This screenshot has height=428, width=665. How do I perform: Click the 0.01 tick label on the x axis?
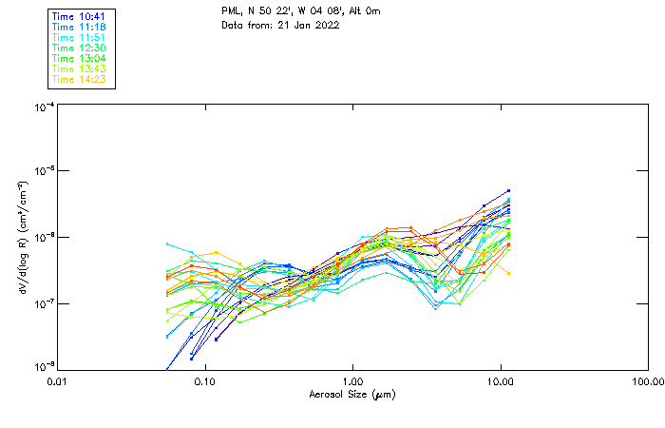(x=57, y=380)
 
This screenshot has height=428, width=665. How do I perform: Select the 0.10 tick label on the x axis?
(x=204, y=380)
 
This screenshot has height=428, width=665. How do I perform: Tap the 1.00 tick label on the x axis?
(x=352, y=380)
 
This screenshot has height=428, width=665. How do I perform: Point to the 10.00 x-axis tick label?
(x=501, y=380)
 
